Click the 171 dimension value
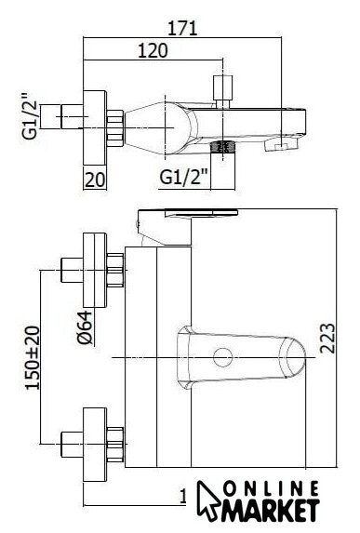pos(182,28)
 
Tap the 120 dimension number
pos(153,50)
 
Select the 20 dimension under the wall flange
pos(95,180)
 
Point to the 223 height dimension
pos(327,339)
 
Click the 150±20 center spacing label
pos(33,357)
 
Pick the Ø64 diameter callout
pos(85,327)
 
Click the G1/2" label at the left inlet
pos(30,116)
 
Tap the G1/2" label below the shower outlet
pos(183,177)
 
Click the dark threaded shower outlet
pos(222,146)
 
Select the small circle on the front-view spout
pos(222,357)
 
